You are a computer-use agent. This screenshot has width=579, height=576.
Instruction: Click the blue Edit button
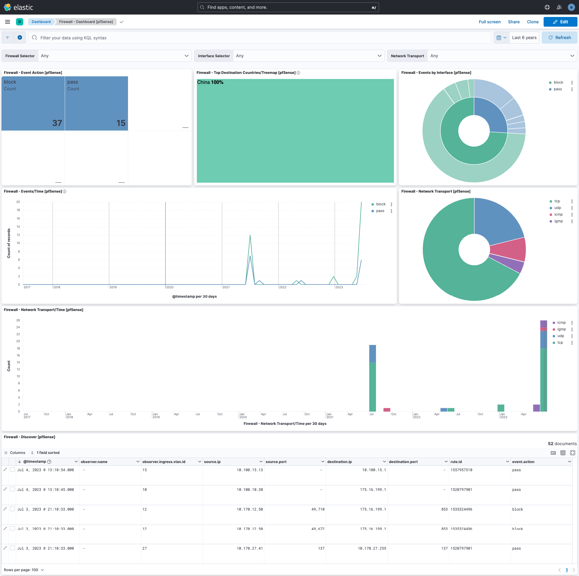pyautogui.click(x=560, y=22)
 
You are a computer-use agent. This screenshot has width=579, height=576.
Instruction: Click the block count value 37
pyautogui.click(x=57, y=123)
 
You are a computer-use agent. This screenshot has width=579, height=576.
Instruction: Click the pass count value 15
pyautogui.click(x=121, y=123)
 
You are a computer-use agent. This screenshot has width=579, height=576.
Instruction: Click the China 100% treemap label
pyautogui.click(x=210, y=82)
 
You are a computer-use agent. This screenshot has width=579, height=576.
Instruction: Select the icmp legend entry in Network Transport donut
pyautogui.click(x=558, y=214)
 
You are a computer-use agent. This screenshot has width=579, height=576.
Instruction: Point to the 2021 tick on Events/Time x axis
pyautogui.click(x=226, y=287)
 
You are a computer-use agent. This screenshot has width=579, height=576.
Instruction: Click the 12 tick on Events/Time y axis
pyautogui.click(x=18, y=235)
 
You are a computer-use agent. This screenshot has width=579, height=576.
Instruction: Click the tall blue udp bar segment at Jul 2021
pyautogui.click(x=372, y=353)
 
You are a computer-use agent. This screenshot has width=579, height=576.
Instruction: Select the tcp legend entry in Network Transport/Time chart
pyautogui.click(x=560, y=343)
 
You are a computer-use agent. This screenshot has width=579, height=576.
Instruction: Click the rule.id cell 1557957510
pyautogui.click(x=461, y=470)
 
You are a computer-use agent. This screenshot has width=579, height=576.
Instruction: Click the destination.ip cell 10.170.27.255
pyautogui.click(x=372, y=548)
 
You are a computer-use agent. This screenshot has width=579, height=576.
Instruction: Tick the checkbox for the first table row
pyautogui.click(x=12, y=469)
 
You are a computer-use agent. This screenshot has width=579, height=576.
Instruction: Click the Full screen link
pyautogui.click(x=489, y=22)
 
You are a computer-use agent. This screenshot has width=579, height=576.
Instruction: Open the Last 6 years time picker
pyautogui.click(x=524, y=38)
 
